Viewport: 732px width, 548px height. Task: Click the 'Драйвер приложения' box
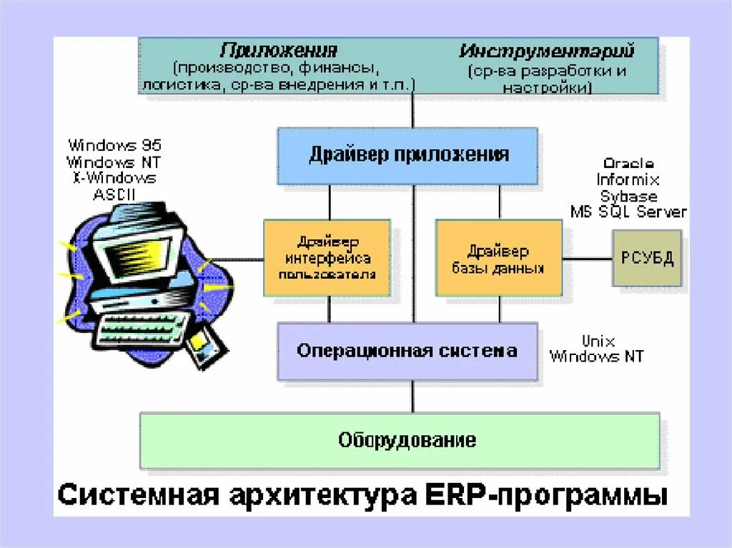[x=407, y=155]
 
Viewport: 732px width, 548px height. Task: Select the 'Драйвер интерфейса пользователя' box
[x=327, y=257]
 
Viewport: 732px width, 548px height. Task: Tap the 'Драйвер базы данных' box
[x=498, y=258]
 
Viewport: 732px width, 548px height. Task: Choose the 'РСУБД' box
[x=646, y=258]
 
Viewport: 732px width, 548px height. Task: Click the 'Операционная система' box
[x=407, y=351]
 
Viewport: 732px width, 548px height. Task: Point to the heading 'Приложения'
[x=278, y=51]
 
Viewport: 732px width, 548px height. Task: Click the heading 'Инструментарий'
[x=547, y=51]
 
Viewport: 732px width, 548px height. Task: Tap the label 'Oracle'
[x=628, y=164]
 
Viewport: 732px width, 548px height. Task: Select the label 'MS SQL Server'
[x=628, y=211]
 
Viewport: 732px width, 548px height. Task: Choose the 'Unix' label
[x=598, y=341]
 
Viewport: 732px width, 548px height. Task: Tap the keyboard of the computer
[x=139, y=328]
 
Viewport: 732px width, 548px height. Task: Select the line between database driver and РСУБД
[x=587, y=258]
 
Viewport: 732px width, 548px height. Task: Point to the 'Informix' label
[x=628, y=180]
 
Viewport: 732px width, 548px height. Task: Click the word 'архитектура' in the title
[x=300, y=495]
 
